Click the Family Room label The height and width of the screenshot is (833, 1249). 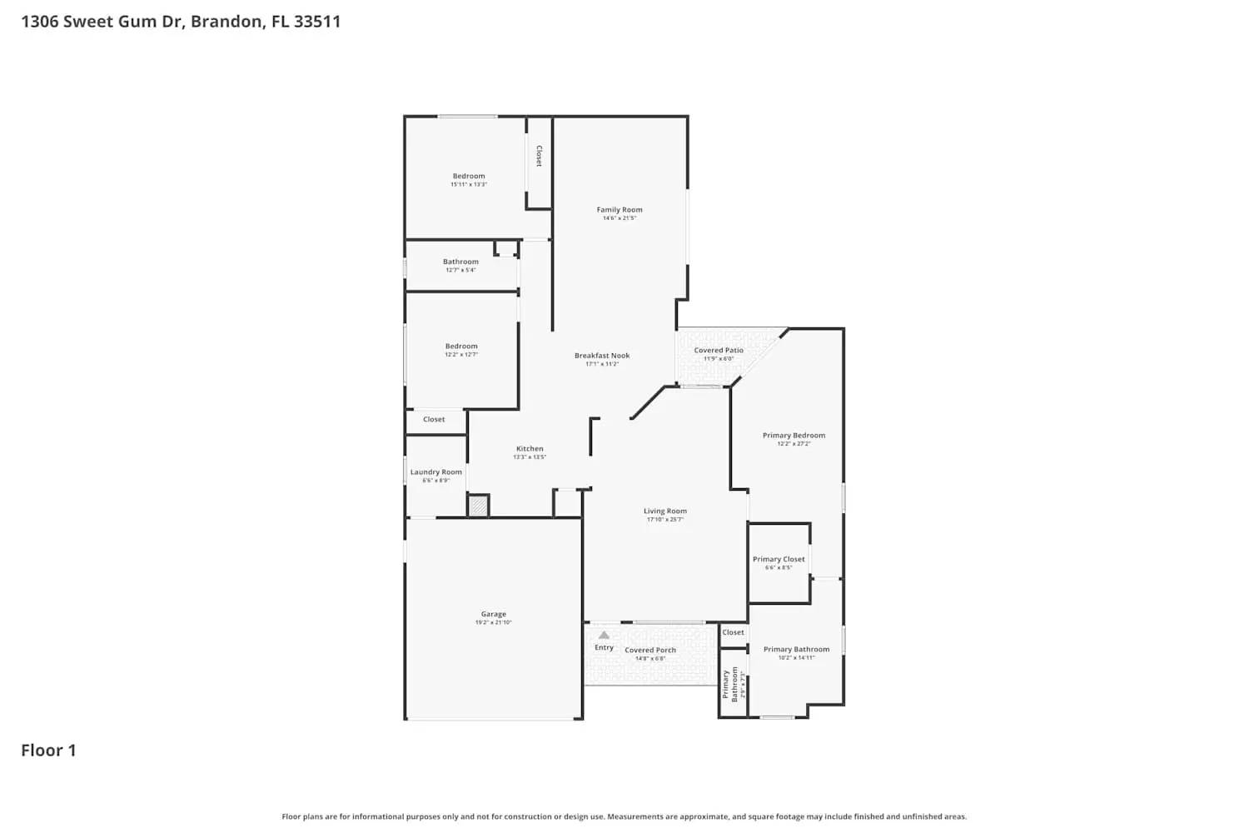pyautogui.click(x=620, y=210)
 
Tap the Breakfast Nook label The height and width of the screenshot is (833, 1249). pyautogui.click(x=602, y=356)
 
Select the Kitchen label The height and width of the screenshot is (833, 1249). pyautogui.click(x=530, y=449)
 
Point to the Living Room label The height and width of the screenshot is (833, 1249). pyautogui.click(x=665, y=511)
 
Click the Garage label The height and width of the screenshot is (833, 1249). pyautogui.click(x=493, y=615)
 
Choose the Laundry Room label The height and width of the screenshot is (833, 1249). pyautogui.click(x=435, y=472)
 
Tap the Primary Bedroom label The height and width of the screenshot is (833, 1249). pyautogui.click(x=794, y=436)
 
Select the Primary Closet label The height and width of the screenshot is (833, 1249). pyautogui.click(x=779, y=560)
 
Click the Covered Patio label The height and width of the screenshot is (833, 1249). pyautogui.click(x=719, y=351)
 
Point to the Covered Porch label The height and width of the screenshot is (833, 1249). pyautogui.click(x=650, y=651)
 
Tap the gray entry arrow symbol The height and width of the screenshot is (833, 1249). pyautogui.click(x=604, y=636)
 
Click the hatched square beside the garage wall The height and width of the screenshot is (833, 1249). pyautogui.click(x=478, y=506)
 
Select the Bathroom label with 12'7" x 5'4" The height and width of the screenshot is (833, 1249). pyautogui.click(x=460, y=262)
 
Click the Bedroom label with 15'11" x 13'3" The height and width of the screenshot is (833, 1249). pyautogui.click(x=469, y=177)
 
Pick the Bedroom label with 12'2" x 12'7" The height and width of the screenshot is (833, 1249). pyautogui.click(x=461, y=347)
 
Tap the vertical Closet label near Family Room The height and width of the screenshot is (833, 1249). pyautogui.click(x=539, y=156)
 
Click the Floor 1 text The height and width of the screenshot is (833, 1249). pyautogui.click(x=48, y=751)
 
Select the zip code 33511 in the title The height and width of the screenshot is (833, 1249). pyautogui.click(x=317, y=22)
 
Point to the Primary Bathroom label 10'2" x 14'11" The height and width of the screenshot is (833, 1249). pyautogui.click(x=796, y=650)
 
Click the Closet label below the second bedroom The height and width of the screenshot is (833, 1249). pyautogui.click(x=434, y=420)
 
